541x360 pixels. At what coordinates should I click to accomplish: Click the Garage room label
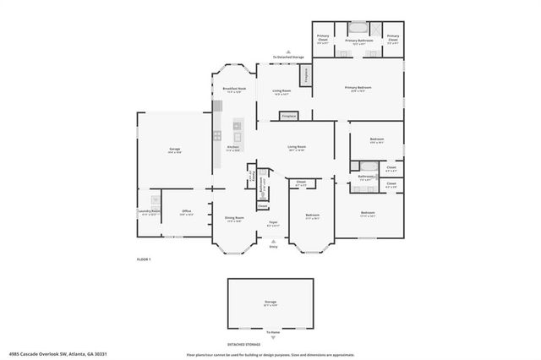click(x=175, y=149)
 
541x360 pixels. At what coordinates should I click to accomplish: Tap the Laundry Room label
click(x=150, y=212)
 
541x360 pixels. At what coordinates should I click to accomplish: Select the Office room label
click(x=187, y=212)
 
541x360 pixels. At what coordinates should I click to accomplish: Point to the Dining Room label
click(x=234, y=218)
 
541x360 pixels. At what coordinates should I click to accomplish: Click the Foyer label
click(x=273, y=224)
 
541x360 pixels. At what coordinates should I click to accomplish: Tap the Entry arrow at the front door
click(x=273, y=243)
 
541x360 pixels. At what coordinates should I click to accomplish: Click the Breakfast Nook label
click(x=234, y=89)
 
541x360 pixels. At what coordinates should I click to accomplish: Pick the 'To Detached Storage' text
click(x=287, y=57)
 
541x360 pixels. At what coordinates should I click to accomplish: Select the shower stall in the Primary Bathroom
click(x=375, y=28)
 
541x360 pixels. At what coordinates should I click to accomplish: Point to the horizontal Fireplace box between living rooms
click(x=288, y=115)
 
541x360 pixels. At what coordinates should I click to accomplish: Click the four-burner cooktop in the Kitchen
click(x=217, y=135)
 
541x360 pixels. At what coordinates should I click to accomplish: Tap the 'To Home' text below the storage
click(x=272, y=333)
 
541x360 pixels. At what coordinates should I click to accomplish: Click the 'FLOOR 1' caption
click(x=144, y=259)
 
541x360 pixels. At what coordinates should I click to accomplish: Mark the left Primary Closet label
click(x=323, y=37)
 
